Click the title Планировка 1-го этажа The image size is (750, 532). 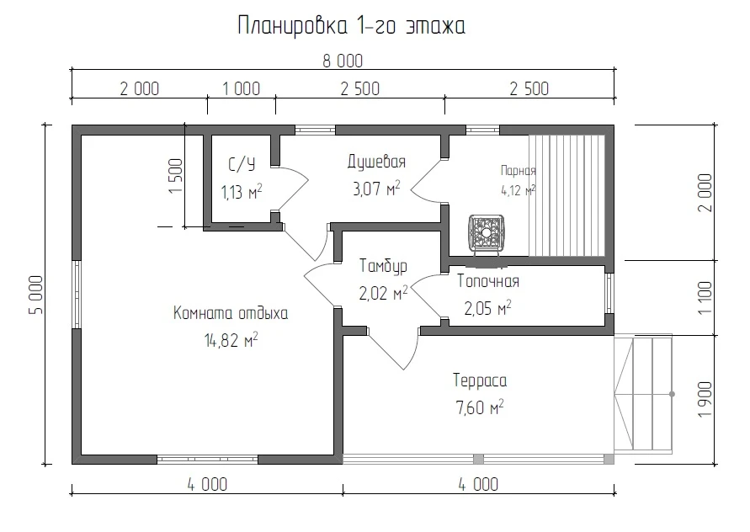coord(352,26)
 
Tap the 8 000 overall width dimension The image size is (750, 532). coord(343,61)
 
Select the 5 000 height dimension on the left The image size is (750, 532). coord(36,295)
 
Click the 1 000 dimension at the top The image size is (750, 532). coord(242,89)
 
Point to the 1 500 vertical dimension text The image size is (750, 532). coord(176,176)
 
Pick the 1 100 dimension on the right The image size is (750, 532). coord(705,298)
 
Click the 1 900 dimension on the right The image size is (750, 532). coord(705,399)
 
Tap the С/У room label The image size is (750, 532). coord(242,165)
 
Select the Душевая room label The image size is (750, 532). coord(376,162)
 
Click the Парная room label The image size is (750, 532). coord(518,170)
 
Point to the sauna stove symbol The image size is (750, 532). coord(486,233)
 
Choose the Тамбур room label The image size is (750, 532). coord(383,266)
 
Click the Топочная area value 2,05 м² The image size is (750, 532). coord(487,308)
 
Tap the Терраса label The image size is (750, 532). coord(480,380)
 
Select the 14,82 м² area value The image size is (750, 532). coord(231,341)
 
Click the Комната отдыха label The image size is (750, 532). coord(231,314)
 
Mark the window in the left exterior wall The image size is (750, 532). coord(77,295)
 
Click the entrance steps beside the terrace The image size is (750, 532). coord(643,393)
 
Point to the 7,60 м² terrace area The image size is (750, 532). coord(480,407)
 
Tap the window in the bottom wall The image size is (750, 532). coord(208,460)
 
